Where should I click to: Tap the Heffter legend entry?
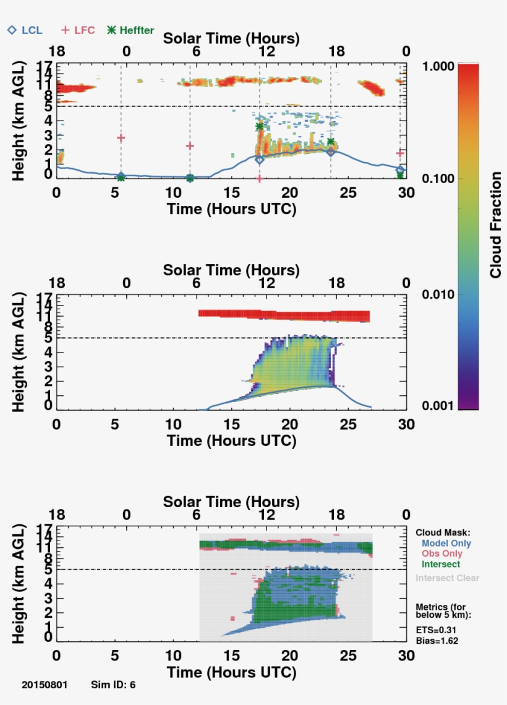click(130, 30)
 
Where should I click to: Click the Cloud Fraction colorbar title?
click(495, 225)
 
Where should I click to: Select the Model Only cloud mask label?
click(447, 542)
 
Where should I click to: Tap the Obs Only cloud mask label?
click(444, 553)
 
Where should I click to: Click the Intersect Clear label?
click(447, 578)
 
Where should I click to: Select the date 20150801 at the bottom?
click(45, 685)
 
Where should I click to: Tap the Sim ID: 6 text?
click(113, 685)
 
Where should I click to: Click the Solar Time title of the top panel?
click(231, 39)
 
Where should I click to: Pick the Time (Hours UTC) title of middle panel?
click(231, 441)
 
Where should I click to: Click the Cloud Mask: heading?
click(443, 532)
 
